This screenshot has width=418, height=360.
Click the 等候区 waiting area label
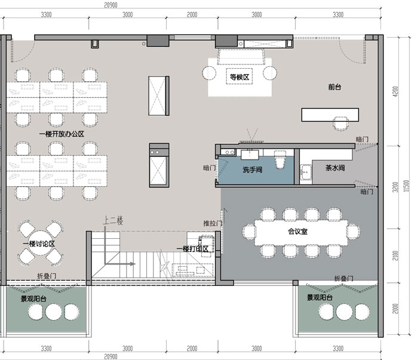[239, 77]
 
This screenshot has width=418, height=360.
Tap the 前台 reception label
[334, 87]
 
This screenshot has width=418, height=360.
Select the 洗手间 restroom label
[252, 170]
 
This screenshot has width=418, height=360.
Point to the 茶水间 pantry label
[335, 168]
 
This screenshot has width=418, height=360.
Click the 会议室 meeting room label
[297, 231]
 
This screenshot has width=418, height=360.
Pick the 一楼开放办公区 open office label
[62, 134]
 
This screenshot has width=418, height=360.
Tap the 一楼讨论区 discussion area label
[39, 244]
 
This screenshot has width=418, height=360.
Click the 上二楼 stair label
[113, 221]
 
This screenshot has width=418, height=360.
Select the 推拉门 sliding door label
[213, 223]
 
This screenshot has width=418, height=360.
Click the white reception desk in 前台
[330, 115]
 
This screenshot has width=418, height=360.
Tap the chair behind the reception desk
[341, 124]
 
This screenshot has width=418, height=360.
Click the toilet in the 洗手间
[280, 159]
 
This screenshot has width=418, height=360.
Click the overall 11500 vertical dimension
[406, 186]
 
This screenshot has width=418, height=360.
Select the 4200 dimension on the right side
[395, 92]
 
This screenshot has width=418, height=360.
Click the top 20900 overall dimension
[110, 5]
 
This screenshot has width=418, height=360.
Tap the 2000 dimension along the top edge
[192, 15]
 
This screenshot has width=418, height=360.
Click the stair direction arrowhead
[133, 264]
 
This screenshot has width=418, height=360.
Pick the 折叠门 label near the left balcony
[47, 276]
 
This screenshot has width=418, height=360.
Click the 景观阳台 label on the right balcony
[319, 297]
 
